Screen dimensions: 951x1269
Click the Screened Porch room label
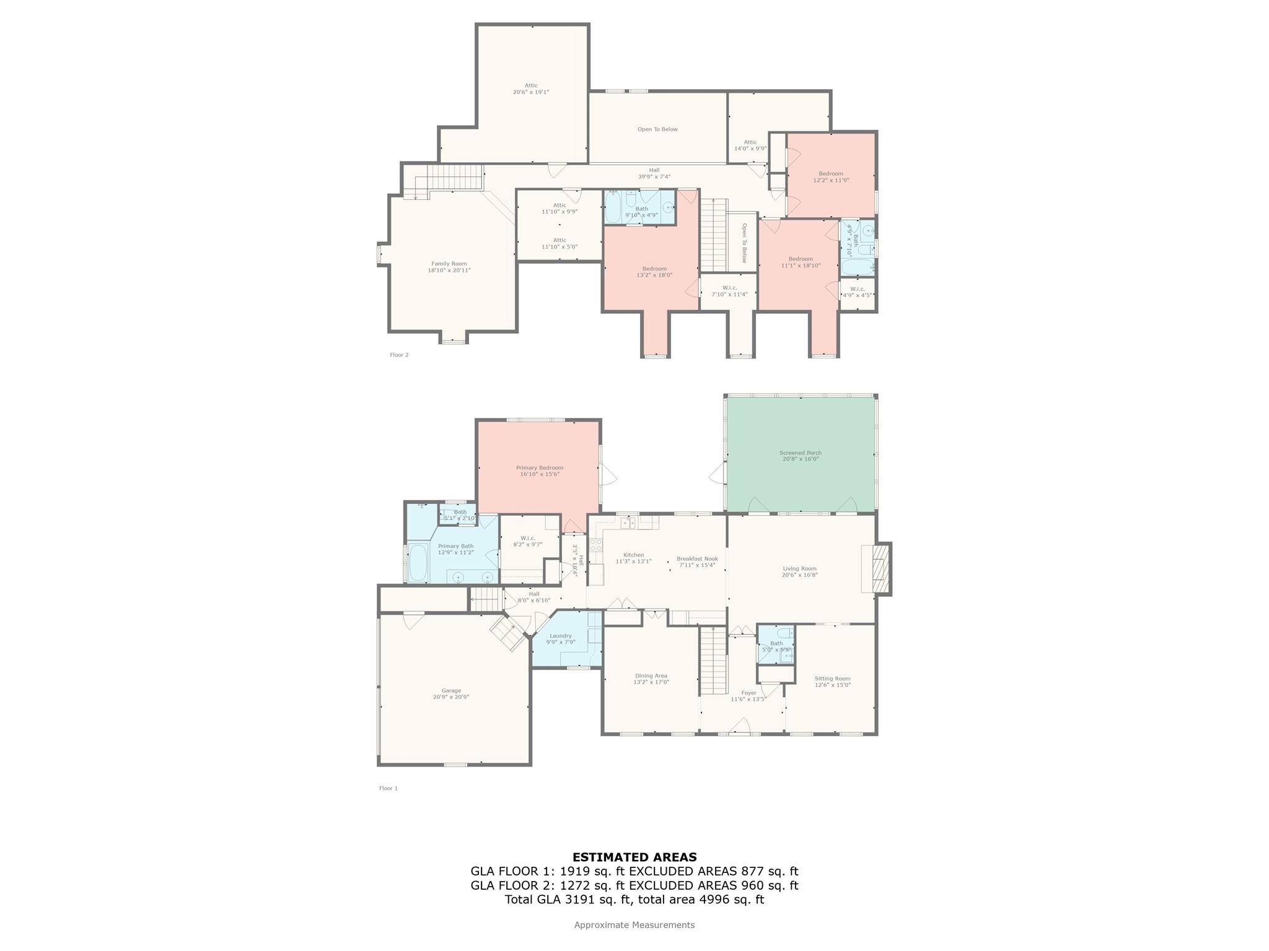[x=800, y=453]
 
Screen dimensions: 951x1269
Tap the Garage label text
[x=451, y=690]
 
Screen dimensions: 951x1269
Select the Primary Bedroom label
[x=539, y=467]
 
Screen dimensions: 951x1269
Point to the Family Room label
[x=449, y=264]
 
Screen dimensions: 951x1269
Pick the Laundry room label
[x=560, y=636]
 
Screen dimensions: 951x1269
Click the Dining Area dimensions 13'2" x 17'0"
[x=651, y=682]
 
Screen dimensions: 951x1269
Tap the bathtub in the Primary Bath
[x=418, y=562]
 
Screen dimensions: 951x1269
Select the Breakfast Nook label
[x=697, y=558]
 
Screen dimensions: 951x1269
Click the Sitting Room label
[x=832, y=679]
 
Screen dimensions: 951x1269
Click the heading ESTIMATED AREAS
[x=634, y=858]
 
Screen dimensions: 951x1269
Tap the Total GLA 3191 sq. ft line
[x=634, y=900]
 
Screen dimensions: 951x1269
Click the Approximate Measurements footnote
[x=634, y=925]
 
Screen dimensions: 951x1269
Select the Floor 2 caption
[x=399, y=355]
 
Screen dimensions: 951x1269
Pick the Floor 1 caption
[x=389, y=788]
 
